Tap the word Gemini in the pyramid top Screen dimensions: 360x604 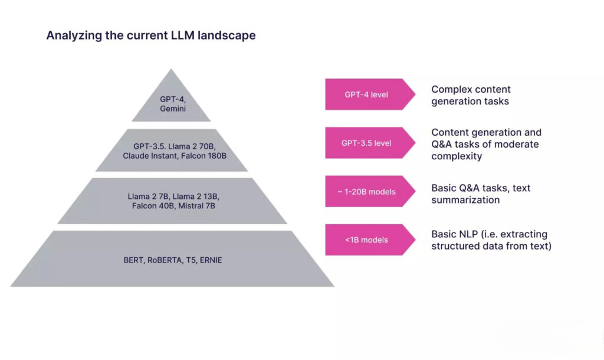point(171,109)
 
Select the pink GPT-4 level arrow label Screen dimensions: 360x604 point(366,94)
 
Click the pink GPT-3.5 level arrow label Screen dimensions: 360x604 point(366,143)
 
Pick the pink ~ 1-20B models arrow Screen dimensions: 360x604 point(366,191)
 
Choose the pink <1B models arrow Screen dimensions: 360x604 point(366,240)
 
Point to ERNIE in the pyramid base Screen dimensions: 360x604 point(211,260)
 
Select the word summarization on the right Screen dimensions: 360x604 point(465,200)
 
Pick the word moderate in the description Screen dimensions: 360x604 point(517,144)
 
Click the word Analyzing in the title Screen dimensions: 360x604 point(70,35)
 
